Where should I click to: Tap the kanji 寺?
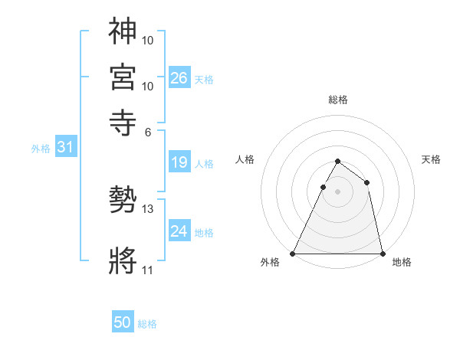coord(123,122)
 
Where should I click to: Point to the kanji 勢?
coord(123,201)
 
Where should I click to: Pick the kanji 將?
coord(123,261)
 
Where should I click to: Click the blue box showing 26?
coord(179,77)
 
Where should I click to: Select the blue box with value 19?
coord(179,162)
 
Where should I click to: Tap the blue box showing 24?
coord(179,231)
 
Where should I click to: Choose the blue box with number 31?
coord(64,147)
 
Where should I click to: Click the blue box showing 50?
coord(123,322)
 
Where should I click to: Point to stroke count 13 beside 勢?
coord(148,209)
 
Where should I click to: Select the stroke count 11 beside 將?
coord(147,270)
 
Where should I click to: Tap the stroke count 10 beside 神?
coord(148,39)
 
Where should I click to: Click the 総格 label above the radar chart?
coord(337,100)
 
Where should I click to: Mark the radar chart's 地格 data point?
coord(382,253)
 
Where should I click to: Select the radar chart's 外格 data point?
coord(294,253)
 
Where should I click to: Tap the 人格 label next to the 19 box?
coord(204,163)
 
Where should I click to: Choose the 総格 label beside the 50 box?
coord(147,324)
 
